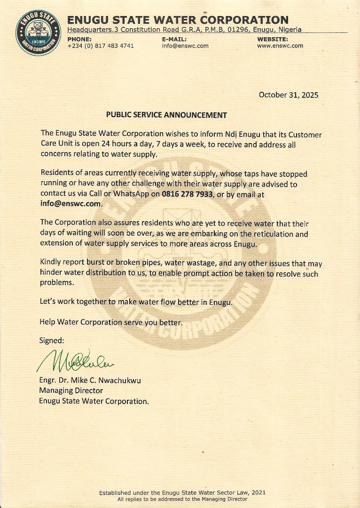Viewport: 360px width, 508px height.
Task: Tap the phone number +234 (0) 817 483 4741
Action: point(101,46)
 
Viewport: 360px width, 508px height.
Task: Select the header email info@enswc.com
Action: point(185,46)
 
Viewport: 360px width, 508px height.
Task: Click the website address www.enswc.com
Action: point(280,46)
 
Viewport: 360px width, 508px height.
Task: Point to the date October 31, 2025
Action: point(289,95)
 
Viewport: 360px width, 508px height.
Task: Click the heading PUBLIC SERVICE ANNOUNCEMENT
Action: point(166,115)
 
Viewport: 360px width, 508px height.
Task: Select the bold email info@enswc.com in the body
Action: point(71,204)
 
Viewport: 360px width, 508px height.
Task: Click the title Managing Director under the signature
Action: point(71,391)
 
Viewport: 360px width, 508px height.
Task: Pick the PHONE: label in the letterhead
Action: point(79,39)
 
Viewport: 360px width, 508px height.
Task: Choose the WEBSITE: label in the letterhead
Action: point(273,39)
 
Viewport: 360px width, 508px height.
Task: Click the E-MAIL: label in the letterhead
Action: point(174,39)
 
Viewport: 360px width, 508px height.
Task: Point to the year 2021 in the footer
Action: point(258,492)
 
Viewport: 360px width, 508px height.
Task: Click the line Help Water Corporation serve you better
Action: point(110,322)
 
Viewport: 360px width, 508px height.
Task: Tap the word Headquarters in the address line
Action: point(90,30)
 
